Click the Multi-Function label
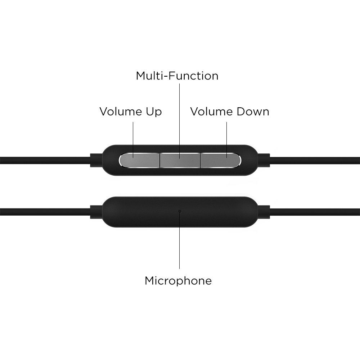[x=177, y=76]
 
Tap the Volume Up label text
[x=131, y=112]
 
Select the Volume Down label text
[x=230, y=112]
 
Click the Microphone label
[x=178, y=280]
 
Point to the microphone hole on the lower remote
[x=180, y=211]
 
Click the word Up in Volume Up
[x=153, y=112]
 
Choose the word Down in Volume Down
[x=252, y=112]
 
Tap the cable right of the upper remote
[x=317, y=159]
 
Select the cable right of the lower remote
[x=317, y=211]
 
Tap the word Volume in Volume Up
[x=120, y=112]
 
